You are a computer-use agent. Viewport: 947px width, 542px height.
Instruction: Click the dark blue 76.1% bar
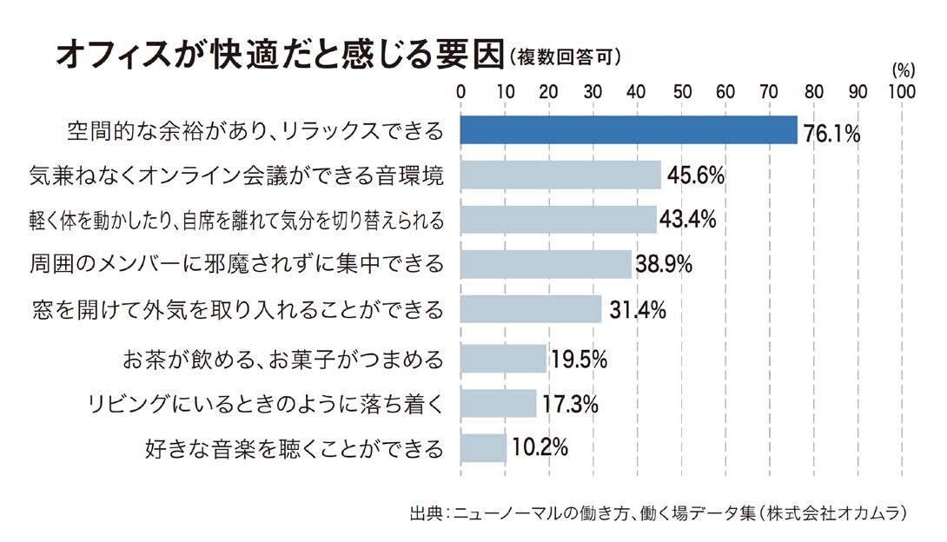628,130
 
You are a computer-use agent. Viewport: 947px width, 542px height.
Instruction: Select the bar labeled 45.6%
560,175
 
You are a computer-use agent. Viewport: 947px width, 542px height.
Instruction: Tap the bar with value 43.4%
558,220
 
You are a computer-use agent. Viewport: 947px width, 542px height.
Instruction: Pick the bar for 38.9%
546,263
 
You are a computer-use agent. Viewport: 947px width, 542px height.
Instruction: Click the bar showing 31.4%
531,308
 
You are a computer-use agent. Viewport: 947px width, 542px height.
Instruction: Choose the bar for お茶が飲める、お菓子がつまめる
503,358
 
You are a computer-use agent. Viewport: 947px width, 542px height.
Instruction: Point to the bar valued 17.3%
499,403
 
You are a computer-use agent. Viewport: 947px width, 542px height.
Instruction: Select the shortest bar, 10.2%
483,448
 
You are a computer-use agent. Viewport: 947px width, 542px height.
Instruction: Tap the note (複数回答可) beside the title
566,58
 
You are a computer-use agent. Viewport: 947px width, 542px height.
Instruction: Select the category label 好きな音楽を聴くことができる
294,449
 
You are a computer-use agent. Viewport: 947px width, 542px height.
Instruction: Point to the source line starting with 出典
660,513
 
